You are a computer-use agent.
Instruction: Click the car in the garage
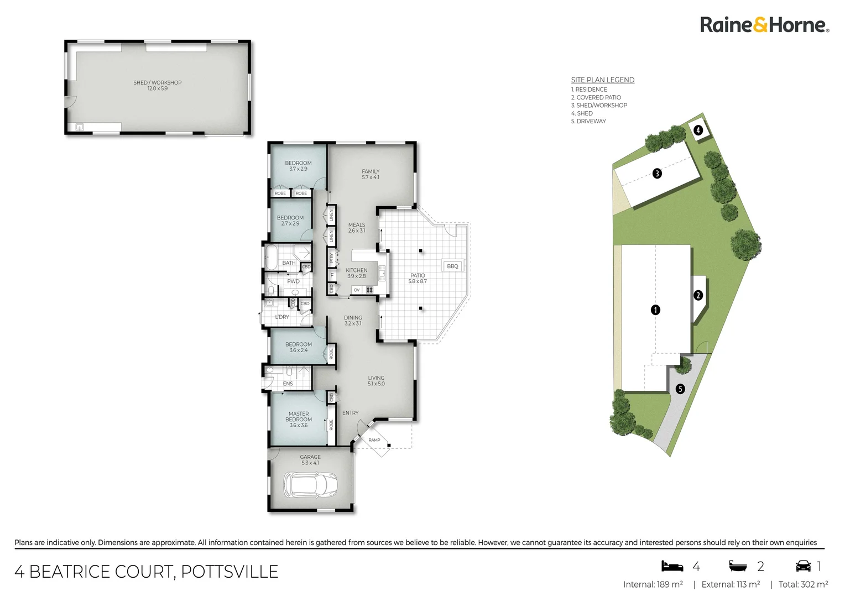click(310, 485)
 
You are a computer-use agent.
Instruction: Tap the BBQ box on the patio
click(452, 266)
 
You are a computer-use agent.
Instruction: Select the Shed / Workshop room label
click(158, 85)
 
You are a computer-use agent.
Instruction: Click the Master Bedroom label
click(299, 419)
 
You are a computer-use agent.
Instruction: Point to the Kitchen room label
click(357, 273)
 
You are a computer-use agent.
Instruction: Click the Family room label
click(371, 174)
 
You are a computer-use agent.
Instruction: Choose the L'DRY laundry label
click(282, 317)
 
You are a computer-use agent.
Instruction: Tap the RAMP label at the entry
click(374, 440)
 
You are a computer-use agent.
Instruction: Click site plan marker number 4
click(698, 130)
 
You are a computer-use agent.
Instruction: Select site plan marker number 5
click(680, 389)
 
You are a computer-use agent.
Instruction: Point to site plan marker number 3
click(657, 174)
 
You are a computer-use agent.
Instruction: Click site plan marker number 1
click(655, 310)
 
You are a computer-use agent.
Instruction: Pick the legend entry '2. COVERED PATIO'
click(596, 97)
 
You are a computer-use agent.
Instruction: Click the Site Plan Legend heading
click(603, 80)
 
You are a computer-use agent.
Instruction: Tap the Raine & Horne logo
click(764, 25)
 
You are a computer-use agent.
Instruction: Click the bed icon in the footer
click(672, 566)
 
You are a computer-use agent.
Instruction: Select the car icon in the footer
click(803, 566)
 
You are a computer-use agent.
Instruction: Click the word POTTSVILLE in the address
click(229, 572)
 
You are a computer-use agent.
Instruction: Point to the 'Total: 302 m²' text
click(803, 584)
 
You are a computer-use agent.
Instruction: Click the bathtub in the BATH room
click(272, 257)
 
